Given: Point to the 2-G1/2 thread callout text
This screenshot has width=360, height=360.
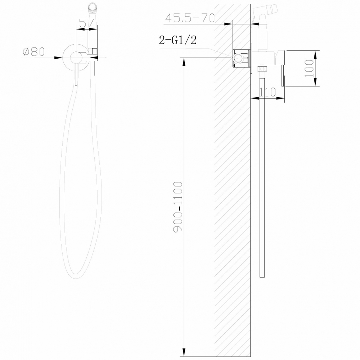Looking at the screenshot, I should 178,40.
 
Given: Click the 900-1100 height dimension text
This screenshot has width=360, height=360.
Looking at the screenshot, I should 179,207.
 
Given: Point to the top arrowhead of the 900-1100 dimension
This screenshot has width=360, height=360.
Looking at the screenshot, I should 184,61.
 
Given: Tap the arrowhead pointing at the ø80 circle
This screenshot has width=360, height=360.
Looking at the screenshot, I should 58,57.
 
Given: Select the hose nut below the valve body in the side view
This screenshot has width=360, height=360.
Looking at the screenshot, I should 263,69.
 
